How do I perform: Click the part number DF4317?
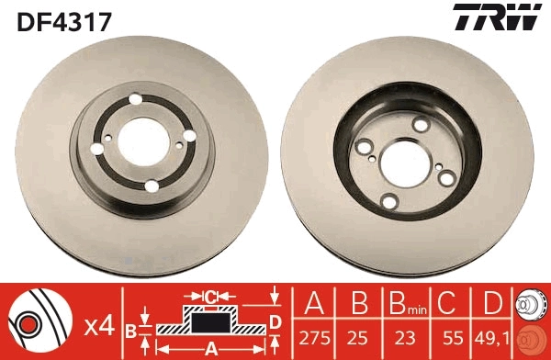point(63,20)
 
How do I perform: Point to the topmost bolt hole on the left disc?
point(136,100)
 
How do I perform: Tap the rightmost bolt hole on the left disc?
point(190,136)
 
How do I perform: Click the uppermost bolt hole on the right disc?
point(421,125)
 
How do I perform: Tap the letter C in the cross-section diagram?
point(210,297)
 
